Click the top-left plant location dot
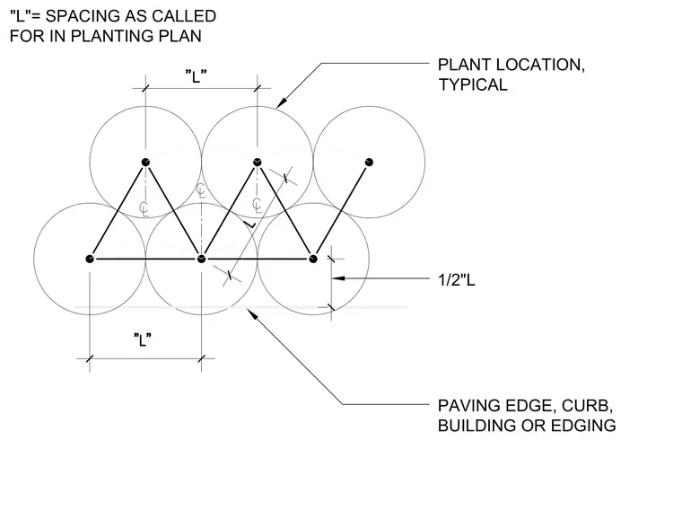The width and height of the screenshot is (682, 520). (145, 163)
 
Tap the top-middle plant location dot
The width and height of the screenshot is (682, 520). (258, 163)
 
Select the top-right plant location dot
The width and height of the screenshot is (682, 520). (370, 163)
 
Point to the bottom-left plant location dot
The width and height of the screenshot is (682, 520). (90, 259)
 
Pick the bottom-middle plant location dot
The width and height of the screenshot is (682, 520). (201, 259)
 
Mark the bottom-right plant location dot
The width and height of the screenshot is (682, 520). (313, 259)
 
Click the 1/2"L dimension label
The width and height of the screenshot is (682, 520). (456, 280)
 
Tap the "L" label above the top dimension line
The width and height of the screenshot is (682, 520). (196, 76)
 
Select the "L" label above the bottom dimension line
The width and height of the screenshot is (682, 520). (143, 339)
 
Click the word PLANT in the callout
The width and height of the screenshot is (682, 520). (464, 65)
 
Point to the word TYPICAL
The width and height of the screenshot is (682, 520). (473, 84)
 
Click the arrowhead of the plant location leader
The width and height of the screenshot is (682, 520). (281, 102)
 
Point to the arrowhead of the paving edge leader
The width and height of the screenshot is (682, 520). (252, 313)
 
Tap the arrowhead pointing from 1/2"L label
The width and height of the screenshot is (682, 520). (338, 278)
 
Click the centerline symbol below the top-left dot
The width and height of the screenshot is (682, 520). (144, 209)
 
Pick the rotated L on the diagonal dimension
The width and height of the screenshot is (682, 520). (249, 225)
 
